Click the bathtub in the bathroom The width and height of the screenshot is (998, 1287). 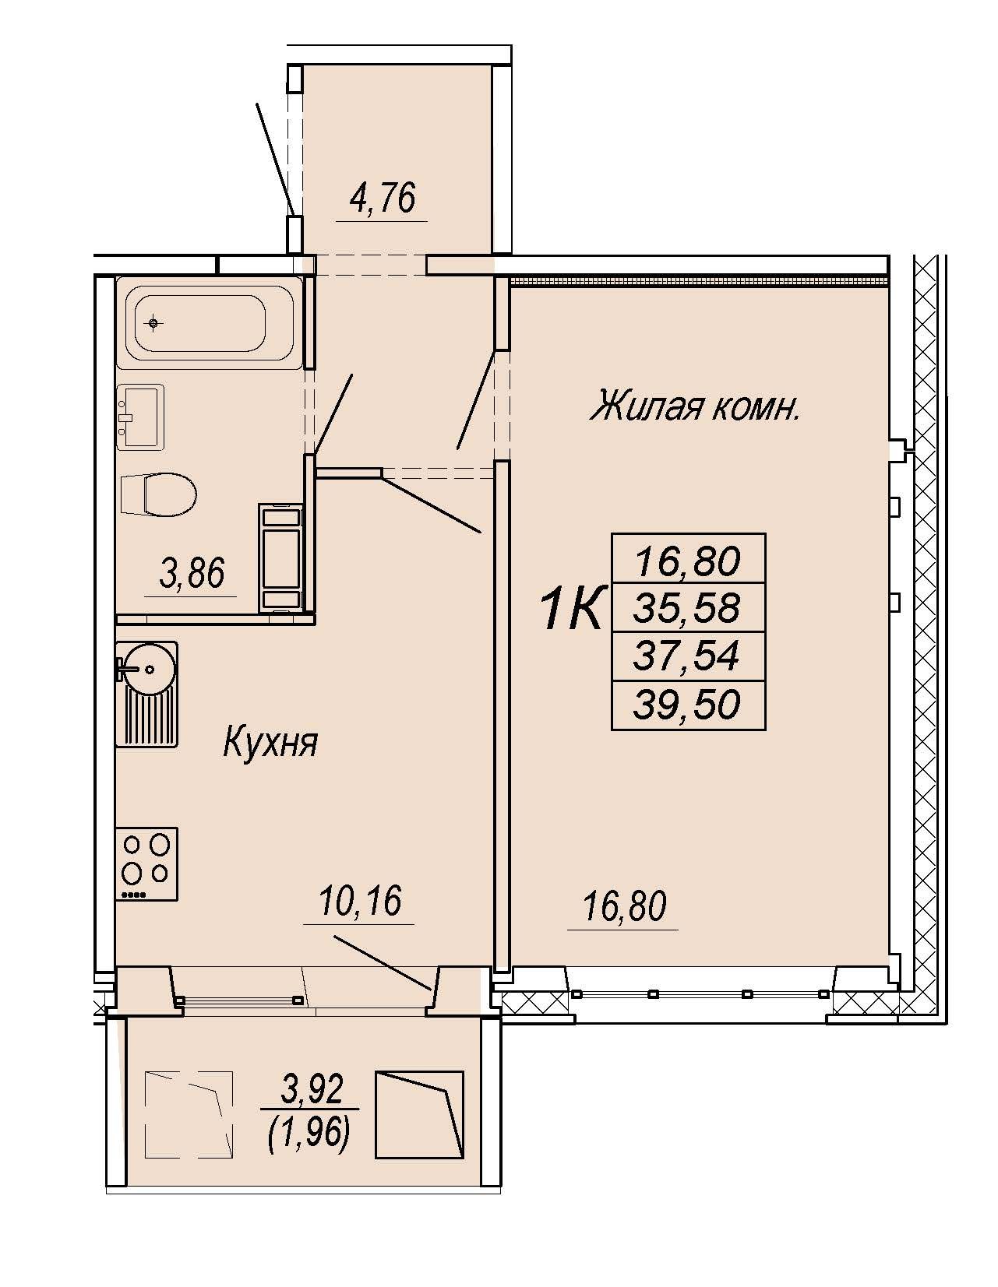pos(205,323)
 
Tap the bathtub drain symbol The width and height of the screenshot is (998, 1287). pos(154,323)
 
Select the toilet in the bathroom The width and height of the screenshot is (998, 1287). pos(158,494)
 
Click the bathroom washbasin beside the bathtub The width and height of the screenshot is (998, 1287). pos(140,417)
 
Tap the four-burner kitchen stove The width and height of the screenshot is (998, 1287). pos(147,865)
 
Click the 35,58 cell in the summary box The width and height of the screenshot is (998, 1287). pos(688,607)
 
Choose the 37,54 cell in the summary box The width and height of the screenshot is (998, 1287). pos(688,656)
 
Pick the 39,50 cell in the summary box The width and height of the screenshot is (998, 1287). pos(688,705)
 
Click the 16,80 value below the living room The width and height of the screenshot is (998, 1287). pos(625,906)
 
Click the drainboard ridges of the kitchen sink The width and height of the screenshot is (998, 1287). pos(147,718)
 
